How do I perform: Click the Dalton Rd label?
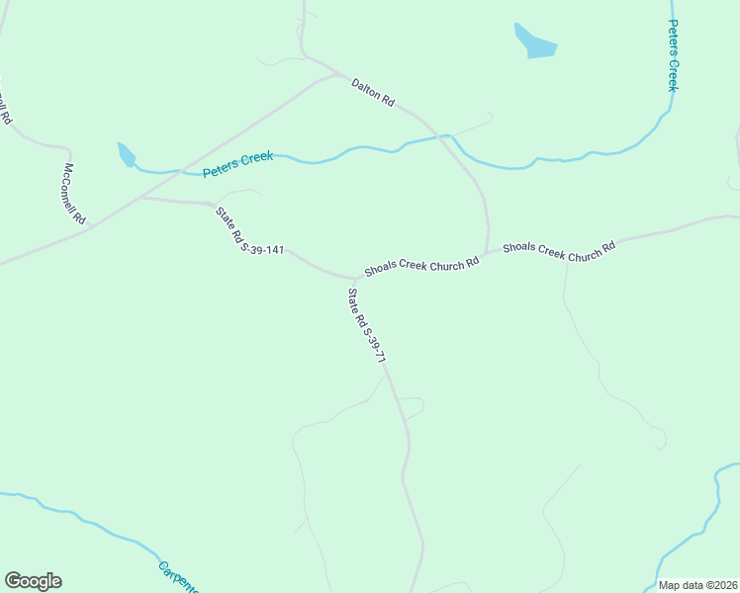coord(373,93)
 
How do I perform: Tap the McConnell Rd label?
coord(75,193)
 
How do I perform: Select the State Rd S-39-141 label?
coord(249,229)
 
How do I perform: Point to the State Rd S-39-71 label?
coord(365,327)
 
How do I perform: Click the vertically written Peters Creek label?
coord(672,55)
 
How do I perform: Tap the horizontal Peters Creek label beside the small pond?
coord(237,164)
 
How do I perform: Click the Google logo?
coord(33,581)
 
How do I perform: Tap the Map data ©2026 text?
coord(698,585)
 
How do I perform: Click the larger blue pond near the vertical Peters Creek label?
coord(534,42)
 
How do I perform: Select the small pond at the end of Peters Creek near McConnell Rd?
coord(126,154)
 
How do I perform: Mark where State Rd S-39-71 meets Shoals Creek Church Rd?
coord(355,279)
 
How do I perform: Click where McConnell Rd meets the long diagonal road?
coord(89,226)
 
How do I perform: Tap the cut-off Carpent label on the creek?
coord(178,577)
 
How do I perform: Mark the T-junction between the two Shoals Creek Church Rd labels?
coord(487,252)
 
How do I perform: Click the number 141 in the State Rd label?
coord(274,250)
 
